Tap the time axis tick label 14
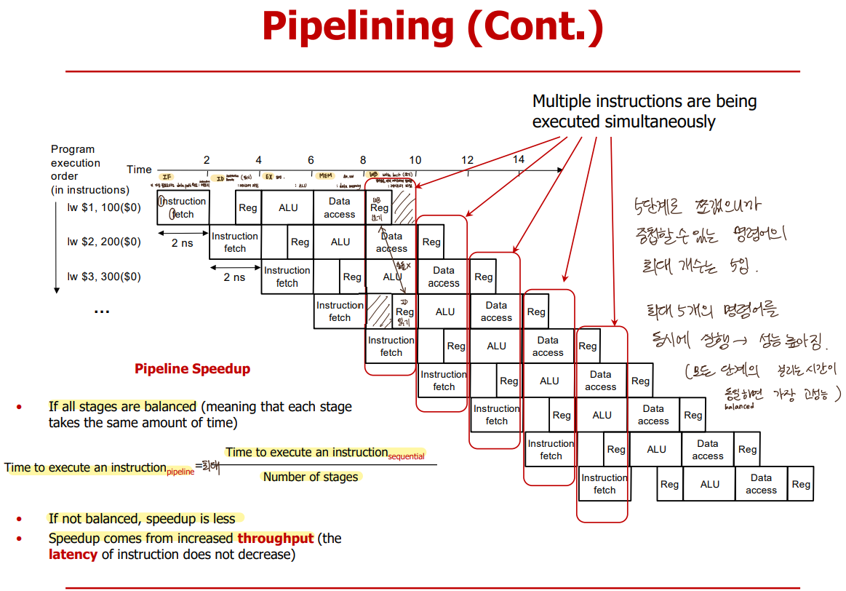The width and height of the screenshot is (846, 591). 519,159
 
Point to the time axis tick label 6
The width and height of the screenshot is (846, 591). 311,159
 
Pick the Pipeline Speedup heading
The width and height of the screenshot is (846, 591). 192,369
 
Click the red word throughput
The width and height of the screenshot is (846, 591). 275,539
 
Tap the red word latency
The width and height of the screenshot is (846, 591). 73,555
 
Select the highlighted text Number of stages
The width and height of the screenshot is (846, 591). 311,477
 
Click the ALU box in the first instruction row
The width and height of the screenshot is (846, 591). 288,207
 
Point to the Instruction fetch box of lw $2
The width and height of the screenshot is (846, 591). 235,242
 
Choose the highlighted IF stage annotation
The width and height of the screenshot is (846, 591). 167,177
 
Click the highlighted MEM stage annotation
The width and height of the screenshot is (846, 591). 325,176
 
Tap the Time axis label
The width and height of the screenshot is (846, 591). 139,170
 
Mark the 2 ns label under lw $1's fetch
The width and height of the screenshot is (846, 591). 183,242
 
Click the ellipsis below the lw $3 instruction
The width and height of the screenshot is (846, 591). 101,311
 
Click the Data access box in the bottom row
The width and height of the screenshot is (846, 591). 761,484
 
